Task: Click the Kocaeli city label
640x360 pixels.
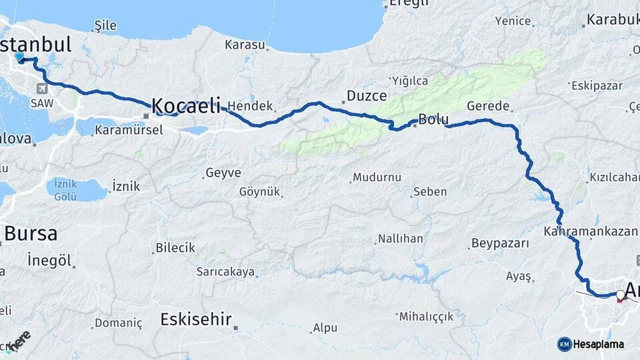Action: (x=186, y=105)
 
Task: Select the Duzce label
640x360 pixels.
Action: (x=367, y=96)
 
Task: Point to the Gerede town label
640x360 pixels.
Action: (x=488, y=106)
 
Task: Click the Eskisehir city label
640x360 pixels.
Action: (x=196, y=319)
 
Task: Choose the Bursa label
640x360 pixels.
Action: (x=31, y=233)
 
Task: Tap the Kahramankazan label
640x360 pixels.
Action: (x=591, y=231)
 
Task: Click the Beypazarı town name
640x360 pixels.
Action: (x=499, y=243)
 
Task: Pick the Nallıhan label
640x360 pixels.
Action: (x=401, y=238)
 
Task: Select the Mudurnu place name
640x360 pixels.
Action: (x=377, y=177)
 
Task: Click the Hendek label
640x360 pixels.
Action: (x=251, y=106)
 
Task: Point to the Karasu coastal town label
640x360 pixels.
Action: (x=245, y=45)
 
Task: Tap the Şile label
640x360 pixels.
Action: (x=105, y=25)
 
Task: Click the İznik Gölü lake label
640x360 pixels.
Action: (x=66, y=189)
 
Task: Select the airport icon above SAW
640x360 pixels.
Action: (x=43, y=89)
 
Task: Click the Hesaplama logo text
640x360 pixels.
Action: (x=599, y=344)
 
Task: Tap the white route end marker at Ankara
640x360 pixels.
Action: (x=621, y=294)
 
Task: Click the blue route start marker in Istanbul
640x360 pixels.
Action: (x=19, y=57)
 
